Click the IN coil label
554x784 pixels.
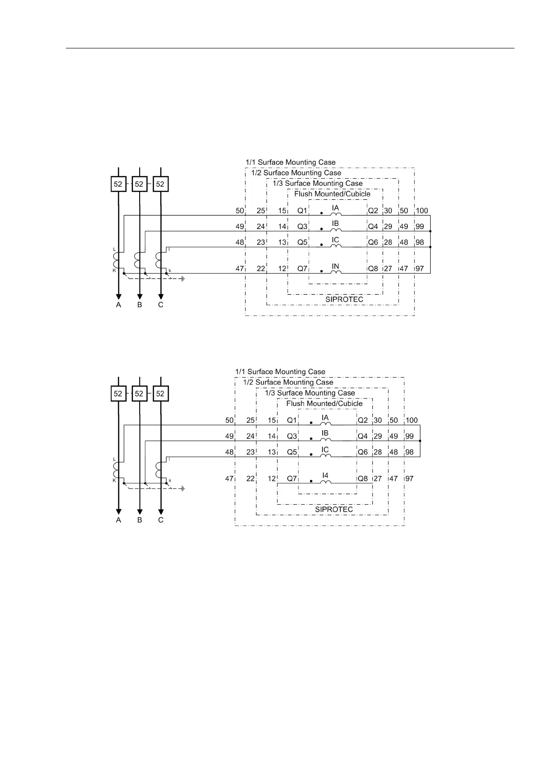[335, 266]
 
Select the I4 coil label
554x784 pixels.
[325, 475]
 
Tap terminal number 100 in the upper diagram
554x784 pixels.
[422, 211]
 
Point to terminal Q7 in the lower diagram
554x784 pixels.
[292, 479]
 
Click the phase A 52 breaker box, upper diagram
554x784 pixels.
[118, 184]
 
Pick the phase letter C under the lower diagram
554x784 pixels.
[161, 520]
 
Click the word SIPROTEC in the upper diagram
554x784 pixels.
[344, 299]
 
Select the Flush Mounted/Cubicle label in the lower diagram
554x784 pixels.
[324, 404]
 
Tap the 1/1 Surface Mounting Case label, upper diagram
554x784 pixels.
[291, 162]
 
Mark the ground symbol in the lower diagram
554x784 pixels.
[183, 488]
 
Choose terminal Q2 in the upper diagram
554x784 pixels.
[373, 211]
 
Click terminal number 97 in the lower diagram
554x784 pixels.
[409, 479]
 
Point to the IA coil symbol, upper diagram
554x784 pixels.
[336, 215]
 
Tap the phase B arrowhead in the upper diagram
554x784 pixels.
[140, 297]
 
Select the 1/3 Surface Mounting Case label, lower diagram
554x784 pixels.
[310, 393]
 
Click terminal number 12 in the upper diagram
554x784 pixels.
[282, 269]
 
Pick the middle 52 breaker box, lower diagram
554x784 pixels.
[139, 393]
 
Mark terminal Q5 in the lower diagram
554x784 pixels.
[292, 452]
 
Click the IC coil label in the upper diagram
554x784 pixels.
[335, 240]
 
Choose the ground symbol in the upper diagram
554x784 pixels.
[183, 279]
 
